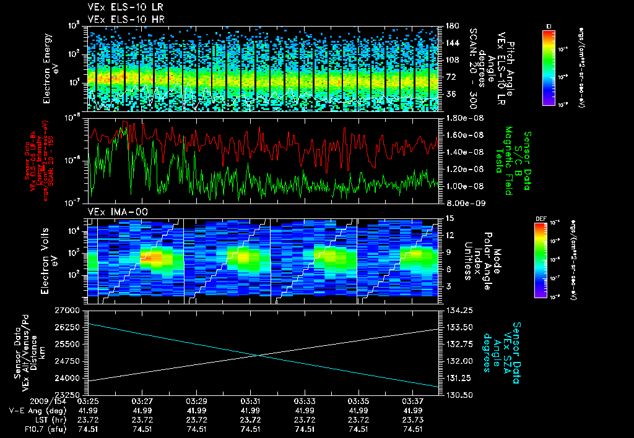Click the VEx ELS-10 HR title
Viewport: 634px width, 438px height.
pos(117,19)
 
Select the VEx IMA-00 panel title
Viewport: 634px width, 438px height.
pos(112,212)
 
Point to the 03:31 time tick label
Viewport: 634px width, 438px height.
pos(250,401)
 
